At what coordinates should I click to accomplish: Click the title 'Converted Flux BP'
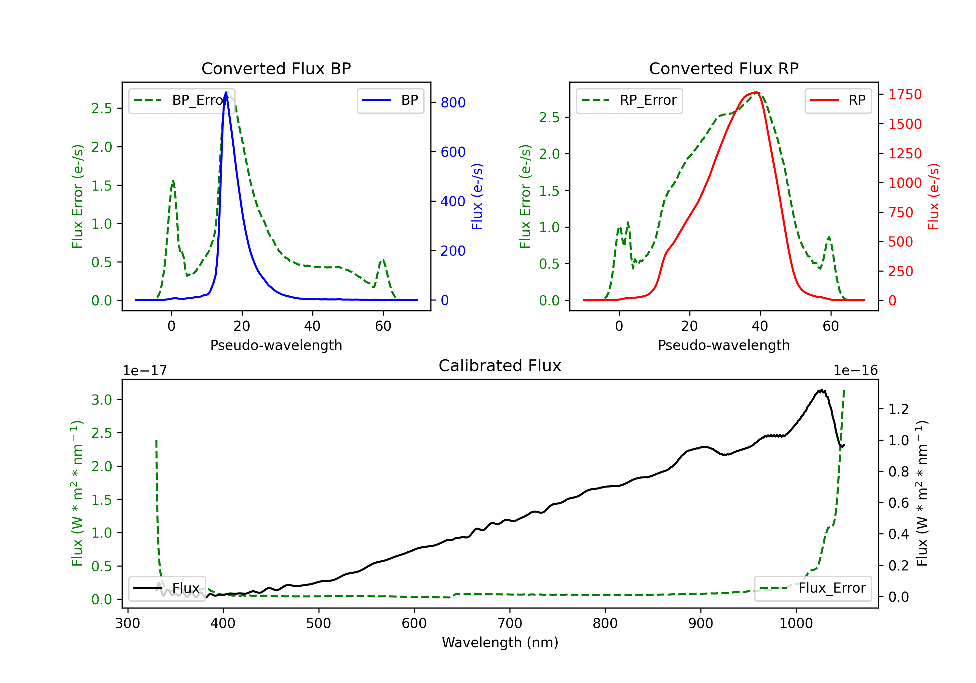pyautogui.click(x=276, y=68)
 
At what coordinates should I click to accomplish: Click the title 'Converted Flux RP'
pyautogui.click(x=724, y=68)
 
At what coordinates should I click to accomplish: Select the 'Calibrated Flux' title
pyautogui.click(x=500, y=366)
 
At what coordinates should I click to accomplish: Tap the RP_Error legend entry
pyautogui.click(x=629, y=100)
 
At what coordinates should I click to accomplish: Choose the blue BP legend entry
pyautogui.click(x=390, y=100)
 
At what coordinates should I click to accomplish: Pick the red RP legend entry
pyautogui.click(x=838, y=100)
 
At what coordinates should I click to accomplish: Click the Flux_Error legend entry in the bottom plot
pyautogui.click(x=813, y=588)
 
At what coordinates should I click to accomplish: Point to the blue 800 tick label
pyautogui.click(x=453, y=102)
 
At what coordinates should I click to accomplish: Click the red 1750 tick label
pyautogui.click(x=905, y=94)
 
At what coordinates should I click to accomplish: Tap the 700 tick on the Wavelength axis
pyautogui.click(x=510, y=623)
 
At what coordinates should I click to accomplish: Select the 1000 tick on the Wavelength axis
pyautogui.click(x=796, y=623)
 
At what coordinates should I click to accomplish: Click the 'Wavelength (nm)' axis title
pyautogui.click(x=500, y=642)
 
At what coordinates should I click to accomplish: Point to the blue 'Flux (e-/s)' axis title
pyautogui.click(x=477, y=196)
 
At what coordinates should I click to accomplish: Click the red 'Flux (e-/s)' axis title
pyautogui.click(x=933, y=196)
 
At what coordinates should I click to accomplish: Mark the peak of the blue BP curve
pyautogui.click(x=226, y=92)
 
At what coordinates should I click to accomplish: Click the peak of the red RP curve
pyautogui.click(x=756, y=92)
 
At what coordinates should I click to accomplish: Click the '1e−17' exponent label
pyautogui.click(x=145, y=371)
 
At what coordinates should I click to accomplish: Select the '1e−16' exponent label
pyautogui.click(x=856, y=371)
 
